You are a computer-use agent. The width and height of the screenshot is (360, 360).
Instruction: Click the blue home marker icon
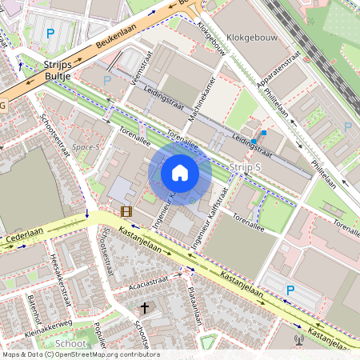pyautogui.click(x=180, y=172)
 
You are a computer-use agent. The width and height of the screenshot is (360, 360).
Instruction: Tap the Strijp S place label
pyautogui.click(x=245, y=166)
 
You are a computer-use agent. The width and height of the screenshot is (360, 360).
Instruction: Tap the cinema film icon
pyautogui.click(x=126, y=211)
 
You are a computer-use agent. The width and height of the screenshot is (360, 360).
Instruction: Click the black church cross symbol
pyautogui.click(x=145, y=307)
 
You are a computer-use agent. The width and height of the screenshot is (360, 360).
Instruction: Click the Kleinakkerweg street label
pyautogui.click(x=47, y=322)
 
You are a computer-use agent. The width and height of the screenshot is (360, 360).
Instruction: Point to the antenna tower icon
pyautogui.click(x=299, y=339)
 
